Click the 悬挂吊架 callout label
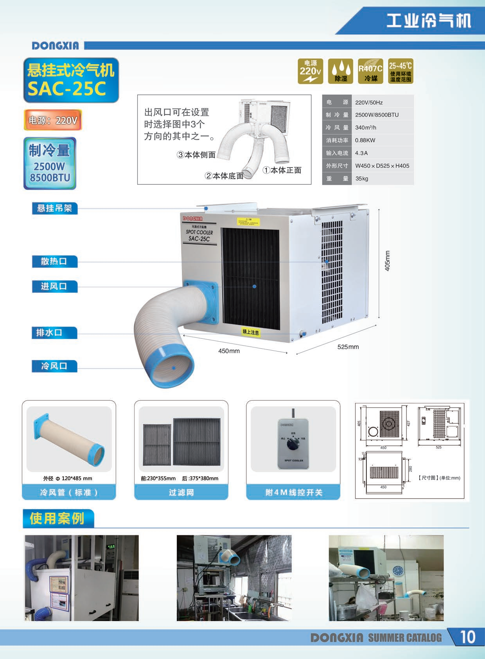click(x=55, y=208)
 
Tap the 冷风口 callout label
click(x=54, y=366)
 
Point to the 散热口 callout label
click(x=54, y=261)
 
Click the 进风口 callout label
click(x=54, y=286)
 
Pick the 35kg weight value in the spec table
click(x=362, y=178)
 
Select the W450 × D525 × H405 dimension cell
click(x=382, y=166)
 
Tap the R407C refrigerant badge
click(x=370, y=71)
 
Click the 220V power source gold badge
click(x=311, y=71)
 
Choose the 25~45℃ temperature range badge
click(x=401, y=71)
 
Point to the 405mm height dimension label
click(x=388, y=261)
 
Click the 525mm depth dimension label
click(x=348, y=347)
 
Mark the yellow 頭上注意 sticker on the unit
click(x=251, y=332)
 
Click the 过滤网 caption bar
click(x=181, y=492)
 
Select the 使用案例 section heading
click(x=57, y=519)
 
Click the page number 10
click(x=467, y=637)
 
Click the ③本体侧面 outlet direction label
click(x=196, y=155)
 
